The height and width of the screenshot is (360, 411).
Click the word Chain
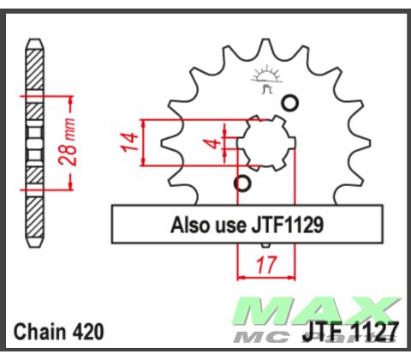tap(39, 333)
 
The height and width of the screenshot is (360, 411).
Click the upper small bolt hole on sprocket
tap(290, 104)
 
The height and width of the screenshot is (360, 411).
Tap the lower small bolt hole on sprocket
tap(242, 183)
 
